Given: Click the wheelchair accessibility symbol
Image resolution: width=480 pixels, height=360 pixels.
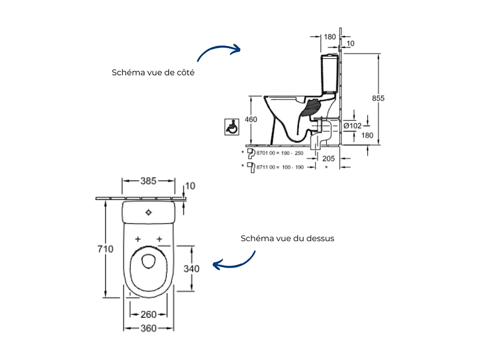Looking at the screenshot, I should coord(231,127).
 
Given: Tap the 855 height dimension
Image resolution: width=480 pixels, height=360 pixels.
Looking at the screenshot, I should coord(378,98).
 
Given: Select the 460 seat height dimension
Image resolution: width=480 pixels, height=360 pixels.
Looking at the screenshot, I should coord(251,120).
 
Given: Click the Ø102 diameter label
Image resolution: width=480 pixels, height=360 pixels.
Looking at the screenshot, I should coord(352,126).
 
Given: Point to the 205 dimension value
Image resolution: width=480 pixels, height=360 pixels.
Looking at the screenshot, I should coord(328,159).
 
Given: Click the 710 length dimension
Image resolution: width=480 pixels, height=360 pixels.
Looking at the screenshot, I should coord(105,249).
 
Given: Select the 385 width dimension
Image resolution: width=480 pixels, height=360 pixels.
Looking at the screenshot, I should coord(148,181).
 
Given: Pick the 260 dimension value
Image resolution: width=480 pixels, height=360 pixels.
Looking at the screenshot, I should coord(148,315).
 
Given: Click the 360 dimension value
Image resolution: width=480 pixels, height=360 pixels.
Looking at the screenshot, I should coord(148,329).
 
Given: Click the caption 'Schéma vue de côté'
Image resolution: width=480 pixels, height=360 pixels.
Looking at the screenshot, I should coord(153,72).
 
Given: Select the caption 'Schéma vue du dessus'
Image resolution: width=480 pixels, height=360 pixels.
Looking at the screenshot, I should coord(287,238).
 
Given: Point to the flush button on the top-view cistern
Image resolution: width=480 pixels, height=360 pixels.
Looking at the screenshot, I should coord(148,212).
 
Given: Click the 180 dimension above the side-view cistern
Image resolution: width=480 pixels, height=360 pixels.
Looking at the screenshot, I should coord(330,37).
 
